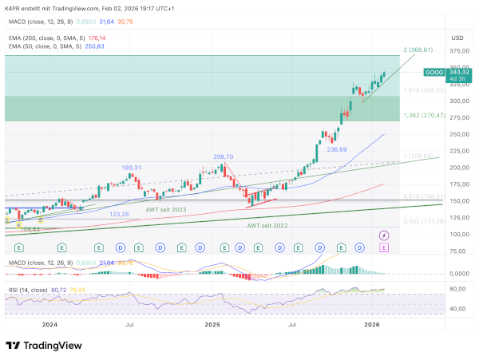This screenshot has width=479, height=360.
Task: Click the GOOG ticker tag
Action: [434, 73]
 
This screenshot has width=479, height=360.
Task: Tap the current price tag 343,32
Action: [457, 73]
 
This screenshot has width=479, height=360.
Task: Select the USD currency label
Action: [457, 38]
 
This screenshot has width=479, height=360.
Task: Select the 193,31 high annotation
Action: [132, 168]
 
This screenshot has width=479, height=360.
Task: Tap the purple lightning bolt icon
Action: [384, 235]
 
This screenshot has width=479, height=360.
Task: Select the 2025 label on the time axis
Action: [212, 325]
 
